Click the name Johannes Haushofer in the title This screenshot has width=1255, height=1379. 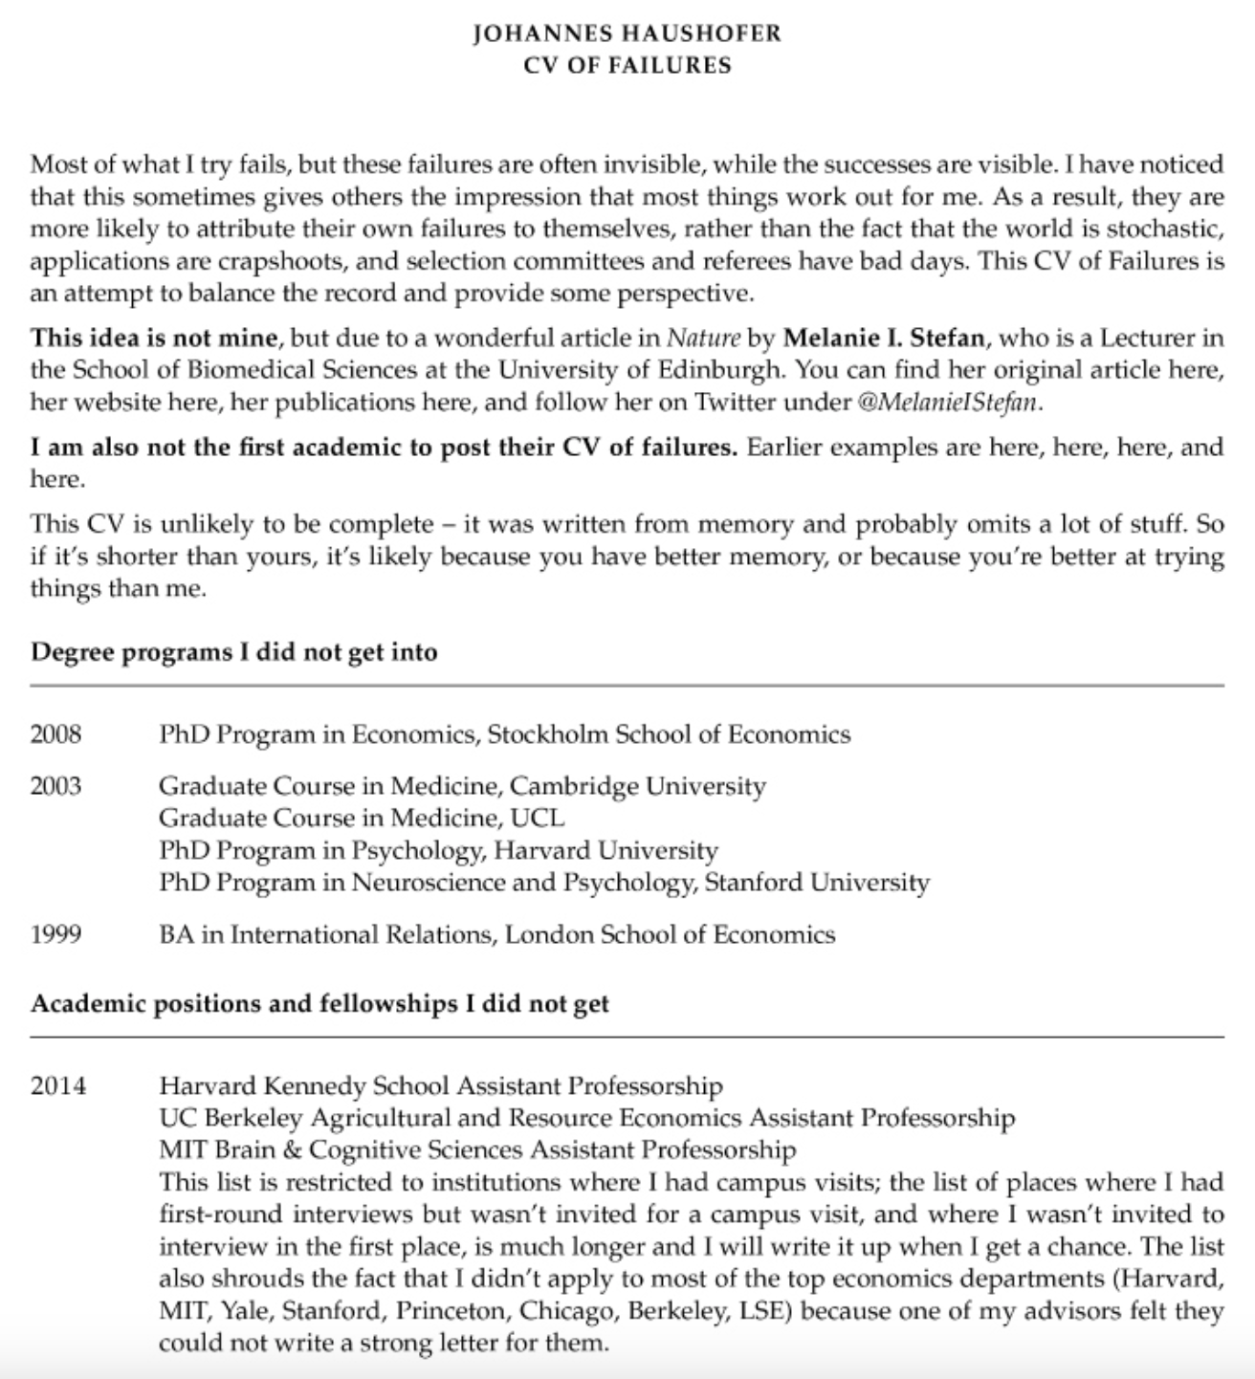pos(627,33)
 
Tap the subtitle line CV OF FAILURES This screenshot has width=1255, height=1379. pos(627,65)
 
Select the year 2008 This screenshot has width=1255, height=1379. pos(55,734)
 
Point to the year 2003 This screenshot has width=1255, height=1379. pos(55,786)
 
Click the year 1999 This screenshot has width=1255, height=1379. pos(55,933)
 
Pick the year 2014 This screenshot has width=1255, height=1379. pos(57,1085)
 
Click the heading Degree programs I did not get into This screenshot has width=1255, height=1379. pos(234,652)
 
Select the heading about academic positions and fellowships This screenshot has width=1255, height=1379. pos(319,1003)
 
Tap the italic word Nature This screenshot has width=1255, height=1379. pos(703,339)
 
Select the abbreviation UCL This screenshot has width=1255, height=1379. pos(538,818)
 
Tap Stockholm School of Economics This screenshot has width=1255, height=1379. pos(669,734)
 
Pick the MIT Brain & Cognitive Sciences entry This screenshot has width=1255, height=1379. pos(477,1149)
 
